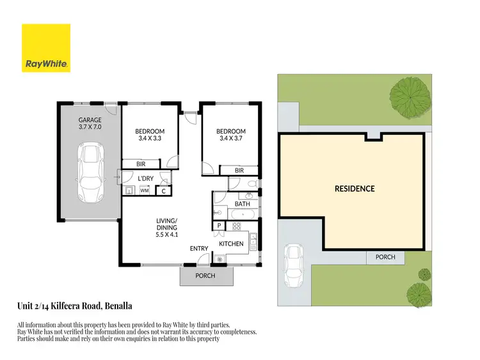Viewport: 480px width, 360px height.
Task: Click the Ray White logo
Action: [46, 48]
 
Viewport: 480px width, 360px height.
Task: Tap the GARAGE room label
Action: [90, 120]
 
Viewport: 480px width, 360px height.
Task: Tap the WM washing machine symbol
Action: [145, 190]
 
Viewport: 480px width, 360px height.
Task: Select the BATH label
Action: [242, 204]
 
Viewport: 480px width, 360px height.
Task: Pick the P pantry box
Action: [219, 226]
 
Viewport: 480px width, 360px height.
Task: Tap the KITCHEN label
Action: [231, 244]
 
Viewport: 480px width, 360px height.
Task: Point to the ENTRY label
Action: [198, 248]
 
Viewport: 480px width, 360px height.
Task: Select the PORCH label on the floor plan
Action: [205, 276]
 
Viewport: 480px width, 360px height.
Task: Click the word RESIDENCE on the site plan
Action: [354, 189]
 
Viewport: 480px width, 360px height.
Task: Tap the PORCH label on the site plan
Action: [385, 257]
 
